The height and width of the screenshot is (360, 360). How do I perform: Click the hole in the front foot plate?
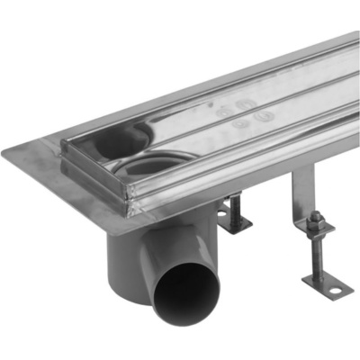334,290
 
